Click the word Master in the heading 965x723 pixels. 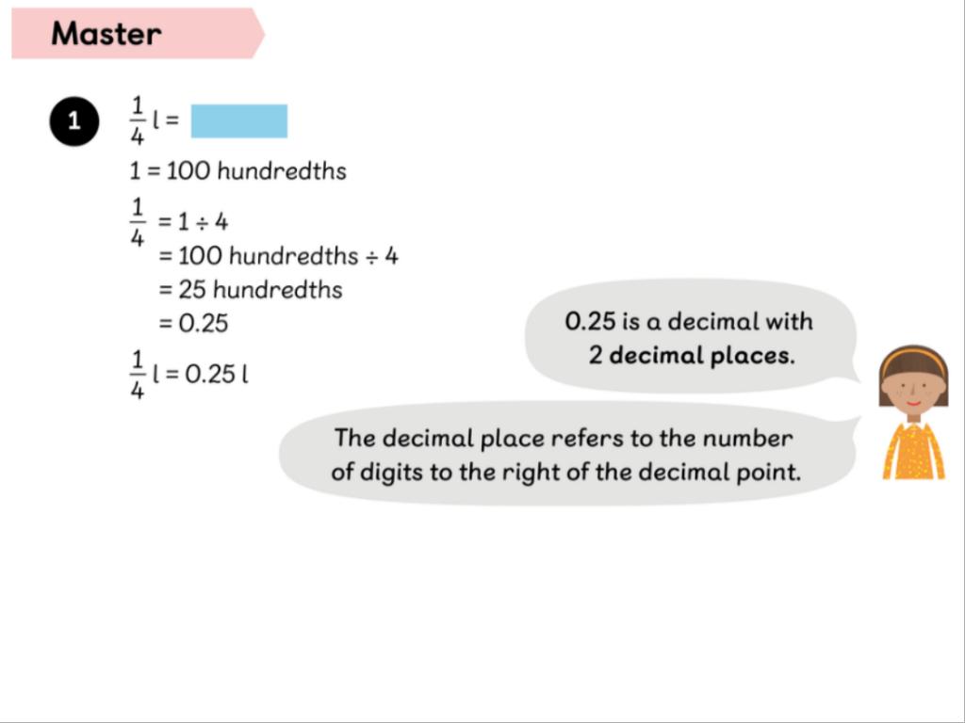[x=106, y=33]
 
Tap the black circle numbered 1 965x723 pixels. [x=74, y=121]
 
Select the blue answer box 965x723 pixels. [x=238, y=121]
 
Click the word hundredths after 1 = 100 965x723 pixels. [x=282, y=170]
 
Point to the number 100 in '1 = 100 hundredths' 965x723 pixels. [x=188, y=171]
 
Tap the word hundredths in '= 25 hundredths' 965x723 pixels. [x=278, y=289]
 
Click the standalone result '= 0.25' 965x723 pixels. [x=193, y=323]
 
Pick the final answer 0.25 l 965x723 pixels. [x=217, y=373]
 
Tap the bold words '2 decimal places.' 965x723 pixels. [x=692, y=355]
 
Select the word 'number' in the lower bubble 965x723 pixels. [x=747, y=439]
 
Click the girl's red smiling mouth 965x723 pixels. [x=914, y=403]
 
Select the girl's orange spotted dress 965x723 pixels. [x=914, y=451]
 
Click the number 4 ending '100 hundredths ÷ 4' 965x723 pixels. [x=391, y=256]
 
